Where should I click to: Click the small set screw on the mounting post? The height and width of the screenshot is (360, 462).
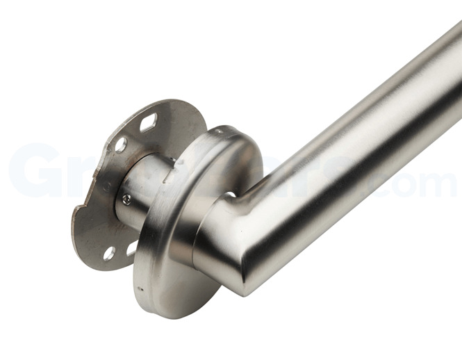[x=126, y=199]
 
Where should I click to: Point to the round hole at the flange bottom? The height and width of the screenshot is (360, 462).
[x=109, y=253]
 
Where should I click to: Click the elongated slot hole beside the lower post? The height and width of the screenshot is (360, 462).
[x=132, y=247]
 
